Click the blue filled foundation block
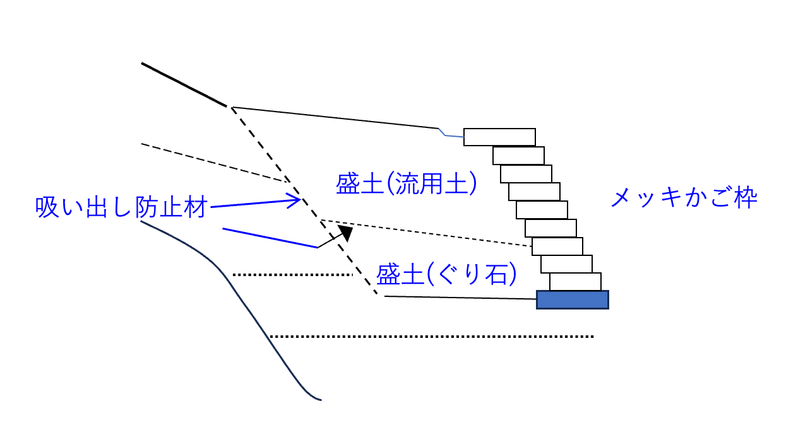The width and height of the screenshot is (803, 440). pos(572,299)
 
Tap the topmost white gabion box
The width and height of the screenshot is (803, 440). pos(499,137)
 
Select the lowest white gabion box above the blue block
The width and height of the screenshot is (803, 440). pos(575,282)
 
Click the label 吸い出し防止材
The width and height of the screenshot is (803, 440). pos(121,207)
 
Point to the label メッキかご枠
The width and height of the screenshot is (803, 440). pos(684,199)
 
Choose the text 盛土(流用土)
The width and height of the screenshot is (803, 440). pos(406,183)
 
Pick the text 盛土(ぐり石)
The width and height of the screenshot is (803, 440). pos(446,274)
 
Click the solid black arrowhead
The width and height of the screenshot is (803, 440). pos(345,233)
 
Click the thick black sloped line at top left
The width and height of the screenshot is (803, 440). pos(183,84)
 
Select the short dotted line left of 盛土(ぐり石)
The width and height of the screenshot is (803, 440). pos(292,275)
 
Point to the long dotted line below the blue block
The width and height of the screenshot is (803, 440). pos(432,337)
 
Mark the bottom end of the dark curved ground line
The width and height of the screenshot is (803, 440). pos(321,400)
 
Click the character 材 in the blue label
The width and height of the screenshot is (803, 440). pos(194,207)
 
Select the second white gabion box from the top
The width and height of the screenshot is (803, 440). pos(518,155)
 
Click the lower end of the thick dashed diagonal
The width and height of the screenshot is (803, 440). pos(378,294)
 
